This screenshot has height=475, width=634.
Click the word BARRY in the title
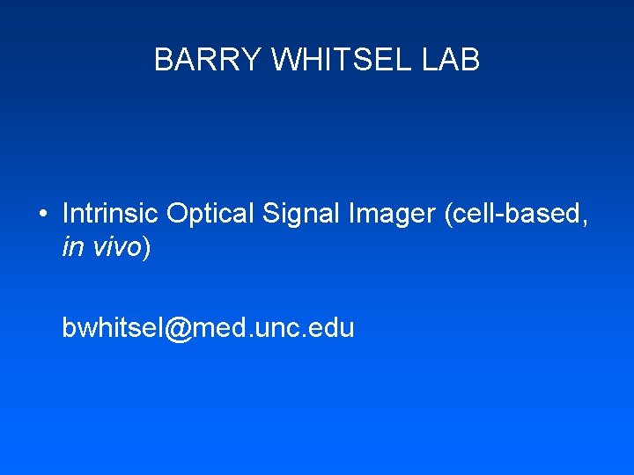click(209, 60)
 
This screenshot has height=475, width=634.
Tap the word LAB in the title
click(453, 60)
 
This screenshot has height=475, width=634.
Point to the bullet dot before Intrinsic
click(42, 214)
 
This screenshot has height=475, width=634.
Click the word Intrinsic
click(111, 214)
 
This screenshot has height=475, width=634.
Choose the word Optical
click(209, 214)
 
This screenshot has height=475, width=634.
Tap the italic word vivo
click(114, 247)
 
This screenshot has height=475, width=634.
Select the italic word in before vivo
click(70, 247)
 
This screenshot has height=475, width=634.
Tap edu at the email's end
click(335, 328)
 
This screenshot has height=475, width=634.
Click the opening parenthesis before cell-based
click(449, 215)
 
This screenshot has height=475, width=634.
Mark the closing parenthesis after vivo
click(147, 248)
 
